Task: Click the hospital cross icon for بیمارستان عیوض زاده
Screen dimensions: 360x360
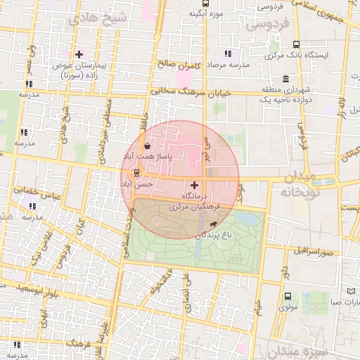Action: (79, 54)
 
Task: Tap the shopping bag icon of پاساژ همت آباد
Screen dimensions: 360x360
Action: (146, 148)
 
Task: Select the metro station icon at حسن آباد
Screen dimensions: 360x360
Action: (136, 173)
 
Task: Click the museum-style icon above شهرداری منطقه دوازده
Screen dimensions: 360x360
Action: (285, 79)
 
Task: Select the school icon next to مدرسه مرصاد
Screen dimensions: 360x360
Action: (227, 53)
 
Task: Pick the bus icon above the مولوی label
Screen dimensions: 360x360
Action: (287, 296)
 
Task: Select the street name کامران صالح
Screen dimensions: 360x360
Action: (180, 65)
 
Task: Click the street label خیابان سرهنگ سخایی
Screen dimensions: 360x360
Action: (191, 91)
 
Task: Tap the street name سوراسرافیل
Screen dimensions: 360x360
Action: (311, 250)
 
